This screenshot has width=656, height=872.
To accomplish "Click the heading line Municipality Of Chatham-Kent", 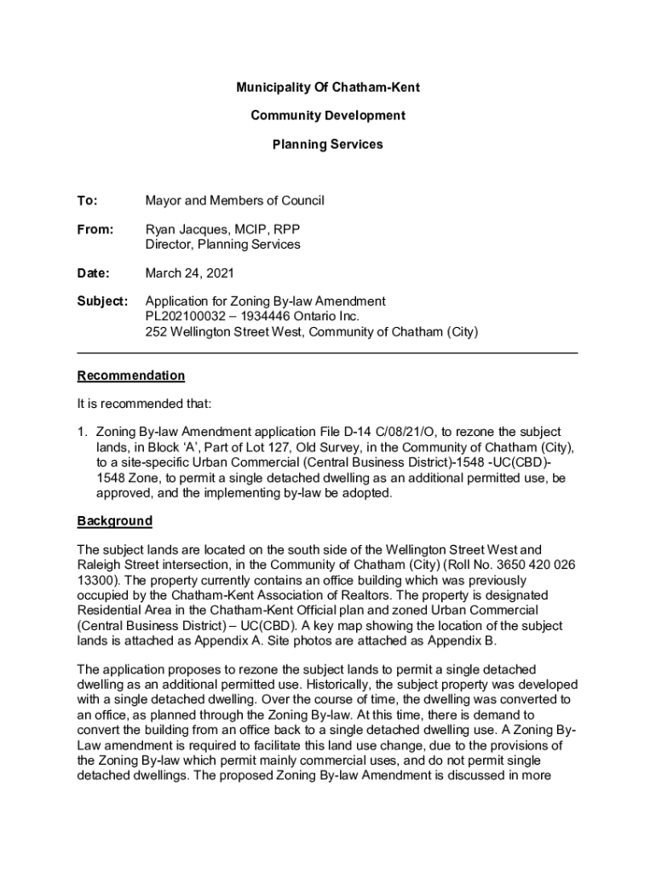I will click(328, 88).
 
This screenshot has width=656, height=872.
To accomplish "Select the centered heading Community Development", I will click(328, 116).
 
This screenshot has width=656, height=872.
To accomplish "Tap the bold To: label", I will click(87, 201).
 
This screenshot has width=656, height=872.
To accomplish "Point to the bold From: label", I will click(95, 230).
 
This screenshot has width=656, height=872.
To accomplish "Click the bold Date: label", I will click(94, 273).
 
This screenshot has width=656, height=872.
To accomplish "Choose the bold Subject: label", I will click(102, 301).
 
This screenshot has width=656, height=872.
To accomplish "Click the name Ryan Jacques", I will click(185, 230).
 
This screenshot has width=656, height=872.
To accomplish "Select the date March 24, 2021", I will click(189, 273).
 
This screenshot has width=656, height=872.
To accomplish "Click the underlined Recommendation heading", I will click(130, 376).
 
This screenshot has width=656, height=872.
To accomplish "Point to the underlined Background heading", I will click(115, 520).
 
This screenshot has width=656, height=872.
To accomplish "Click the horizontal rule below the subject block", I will click(328, 353).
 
